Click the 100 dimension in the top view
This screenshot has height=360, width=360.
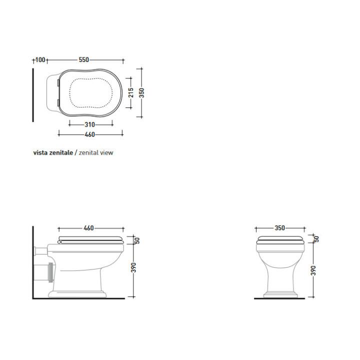(x=40, y=60)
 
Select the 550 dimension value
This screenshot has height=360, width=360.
(x=83, y=60)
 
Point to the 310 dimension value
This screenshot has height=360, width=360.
(x=89, y=124)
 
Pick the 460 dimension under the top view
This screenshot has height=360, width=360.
(x=89, y=134)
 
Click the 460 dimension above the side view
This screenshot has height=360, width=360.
(x=88, y=228)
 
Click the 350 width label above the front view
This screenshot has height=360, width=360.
(x=279, y=228)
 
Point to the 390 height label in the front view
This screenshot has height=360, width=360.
(x=314, y=270)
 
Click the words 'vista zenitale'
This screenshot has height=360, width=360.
(x=53, y=152)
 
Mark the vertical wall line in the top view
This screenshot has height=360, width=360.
(x=33, y=95)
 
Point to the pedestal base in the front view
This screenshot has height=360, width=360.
(x=279, y=294)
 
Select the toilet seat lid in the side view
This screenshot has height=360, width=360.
(x=90, y=238)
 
